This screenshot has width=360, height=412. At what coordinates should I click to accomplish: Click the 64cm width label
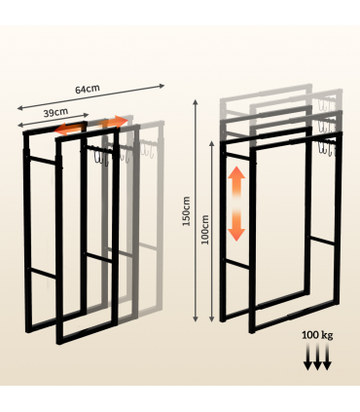(x=88, y=90)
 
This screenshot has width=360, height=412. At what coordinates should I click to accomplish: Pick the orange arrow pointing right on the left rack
(x=114, y=123)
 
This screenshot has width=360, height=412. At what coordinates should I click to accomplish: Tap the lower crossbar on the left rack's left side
(x=39, y=272)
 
